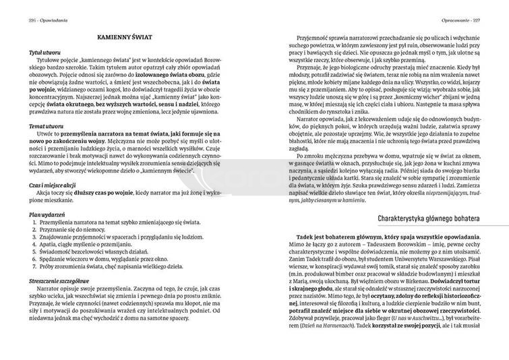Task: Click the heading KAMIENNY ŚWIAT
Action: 126,40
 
